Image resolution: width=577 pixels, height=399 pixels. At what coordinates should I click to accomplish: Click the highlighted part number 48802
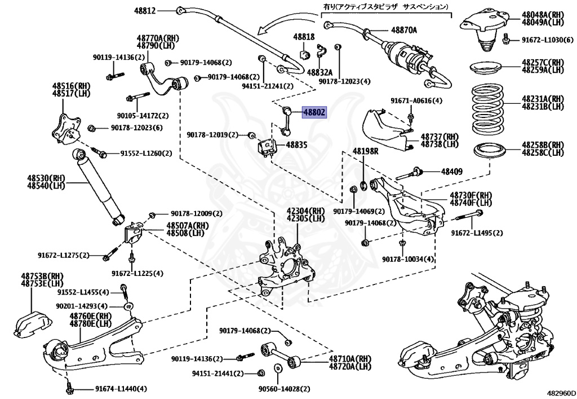click(x=314, y=112)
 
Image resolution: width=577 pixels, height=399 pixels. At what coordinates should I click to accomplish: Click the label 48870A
click(x=404, y=30)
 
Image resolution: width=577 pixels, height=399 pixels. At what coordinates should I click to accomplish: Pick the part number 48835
click(x=296, y=145)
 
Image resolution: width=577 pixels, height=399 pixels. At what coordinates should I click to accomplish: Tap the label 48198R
click(x=366, y=151)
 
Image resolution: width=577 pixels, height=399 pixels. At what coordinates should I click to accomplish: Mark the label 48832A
click(x=319, y=73)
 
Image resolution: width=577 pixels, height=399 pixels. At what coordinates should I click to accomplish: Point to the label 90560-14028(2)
click(x=284, y=389)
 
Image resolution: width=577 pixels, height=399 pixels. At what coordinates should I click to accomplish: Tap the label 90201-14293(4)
click(x=81, y=305)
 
